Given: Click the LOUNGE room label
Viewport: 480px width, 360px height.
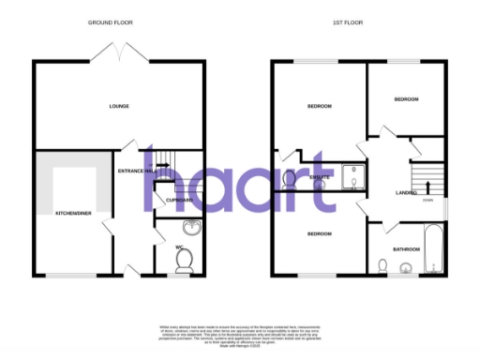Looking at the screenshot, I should [x=118, y=106].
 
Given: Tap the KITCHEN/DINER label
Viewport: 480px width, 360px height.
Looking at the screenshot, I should [x=71, y=213].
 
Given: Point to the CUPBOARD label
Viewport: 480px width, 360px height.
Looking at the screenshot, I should [x=179, y=200].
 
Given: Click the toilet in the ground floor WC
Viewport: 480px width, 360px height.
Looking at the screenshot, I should [x=185, y=258].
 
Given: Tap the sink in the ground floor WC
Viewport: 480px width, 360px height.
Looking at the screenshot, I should [x=190, y=226].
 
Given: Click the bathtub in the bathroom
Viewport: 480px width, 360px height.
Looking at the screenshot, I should [x=432, y=248].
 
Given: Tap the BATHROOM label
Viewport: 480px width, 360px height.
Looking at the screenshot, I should [x=406, y=249].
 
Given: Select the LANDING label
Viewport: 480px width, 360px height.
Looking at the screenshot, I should [x=407, y=193].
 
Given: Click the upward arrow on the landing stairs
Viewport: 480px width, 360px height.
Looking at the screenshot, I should [x=427, y=173].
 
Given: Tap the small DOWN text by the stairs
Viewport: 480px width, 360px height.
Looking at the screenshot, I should [x=427, y=200].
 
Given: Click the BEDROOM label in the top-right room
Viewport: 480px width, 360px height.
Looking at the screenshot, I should [x=406, y=99].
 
